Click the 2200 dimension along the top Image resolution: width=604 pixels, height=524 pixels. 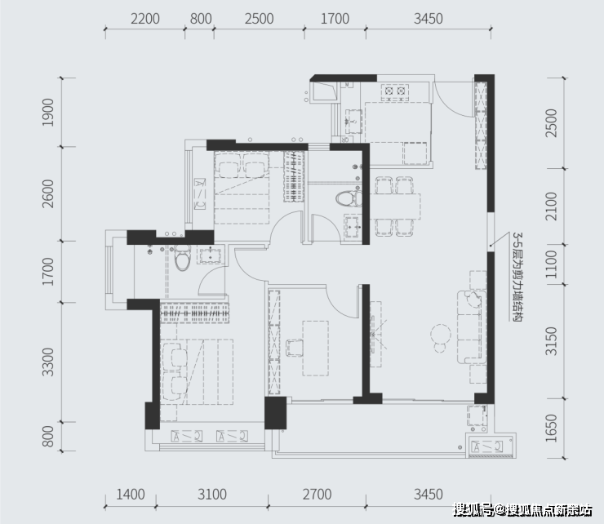145,19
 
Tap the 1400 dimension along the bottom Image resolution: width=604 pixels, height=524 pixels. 131,495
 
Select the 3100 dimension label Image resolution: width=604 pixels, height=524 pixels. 212,495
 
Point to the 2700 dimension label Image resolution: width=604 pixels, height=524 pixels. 317,495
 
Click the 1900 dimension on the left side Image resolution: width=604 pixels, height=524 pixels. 48,112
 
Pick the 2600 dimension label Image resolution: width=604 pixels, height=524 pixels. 48,193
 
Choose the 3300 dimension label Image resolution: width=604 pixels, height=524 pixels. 48,362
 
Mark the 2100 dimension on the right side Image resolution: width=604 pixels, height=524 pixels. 551,206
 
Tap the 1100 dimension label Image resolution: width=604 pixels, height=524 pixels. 551,264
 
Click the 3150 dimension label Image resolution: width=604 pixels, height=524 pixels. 551,341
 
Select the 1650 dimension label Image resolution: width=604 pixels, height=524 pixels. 551,428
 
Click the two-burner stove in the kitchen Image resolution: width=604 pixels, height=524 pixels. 395,91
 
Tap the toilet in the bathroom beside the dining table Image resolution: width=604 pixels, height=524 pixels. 349,199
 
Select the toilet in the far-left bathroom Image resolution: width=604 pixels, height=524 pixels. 182,258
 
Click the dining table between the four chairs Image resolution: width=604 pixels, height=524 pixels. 395,206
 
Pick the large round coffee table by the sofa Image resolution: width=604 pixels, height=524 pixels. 441,334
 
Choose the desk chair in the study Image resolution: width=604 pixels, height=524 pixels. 295,348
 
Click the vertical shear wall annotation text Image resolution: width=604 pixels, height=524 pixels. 517,277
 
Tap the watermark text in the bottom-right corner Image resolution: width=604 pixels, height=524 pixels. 522,510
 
